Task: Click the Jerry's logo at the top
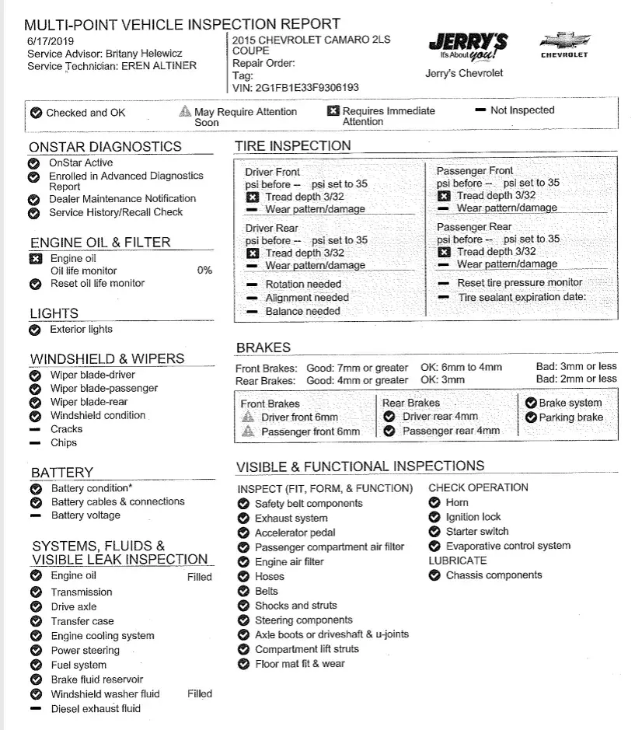coord(468,49)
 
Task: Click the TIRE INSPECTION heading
coord(292,145)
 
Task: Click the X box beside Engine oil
coord(35,258)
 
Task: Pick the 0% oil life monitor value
coord(204,271)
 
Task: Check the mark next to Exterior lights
coord(35,330)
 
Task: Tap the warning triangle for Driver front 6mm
coord(248,417)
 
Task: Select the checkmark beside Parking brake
coord(531,417)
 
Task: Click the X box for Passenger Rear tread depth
coord(444,252)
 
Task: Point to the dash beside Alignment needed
coord(251,298)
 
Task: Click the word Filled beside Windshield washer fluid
coord(200,693)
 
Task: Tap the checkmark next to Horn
coord(434,503)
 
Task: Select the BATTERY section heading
coord(62,473)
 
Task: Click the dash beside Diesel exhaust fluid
coord(35,708)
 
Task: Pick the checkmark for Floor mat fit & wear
coord(243,664)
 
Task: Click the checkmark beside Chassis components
coord(434,575)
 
